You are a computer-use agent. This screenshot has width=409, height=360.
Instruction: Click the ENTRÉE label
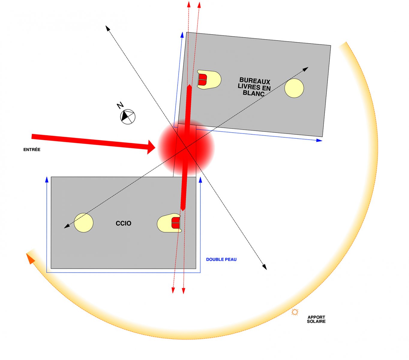[32, 149]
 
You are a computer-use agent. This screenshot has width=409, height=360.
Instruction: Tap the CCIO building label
[123, 223]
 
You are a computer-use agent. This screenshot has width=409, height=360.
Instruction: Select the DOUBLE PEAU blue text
[221, 259]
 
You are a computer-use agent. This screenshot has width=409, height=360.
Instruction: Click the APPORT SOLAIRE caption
[316, 319]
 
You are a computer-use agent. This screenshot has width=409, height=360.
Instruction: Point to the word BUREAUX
[255, 81]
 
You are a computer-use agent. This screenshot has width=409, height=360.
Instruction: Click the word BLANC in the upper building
[254, 93]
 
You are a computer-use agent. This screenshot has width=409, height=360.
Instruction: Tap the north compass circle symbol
[128, 117]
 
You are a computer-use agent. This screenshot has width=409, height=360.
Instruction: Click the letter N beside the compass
[120, 105]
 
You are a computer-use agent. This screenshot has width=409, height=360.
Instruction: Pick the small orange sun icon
[295, 312]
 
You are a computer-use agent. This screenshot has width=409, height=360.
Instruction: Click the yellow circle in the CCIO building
[84, 223]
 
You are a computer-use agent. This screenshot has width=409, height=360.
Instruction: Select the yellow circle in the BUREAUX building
[294, 88]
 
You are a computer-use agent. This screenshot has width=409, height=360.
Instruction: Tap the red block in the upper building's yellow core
[203, 80]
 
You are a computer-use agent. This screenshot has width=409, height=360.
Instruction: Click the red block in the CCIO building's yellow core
[176, 223]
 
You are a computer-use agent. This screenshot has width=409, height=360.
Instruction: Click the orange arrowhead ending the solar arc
[30, 259]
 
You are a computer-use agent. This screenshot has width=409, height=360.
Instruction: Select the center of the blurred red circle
[186, 148]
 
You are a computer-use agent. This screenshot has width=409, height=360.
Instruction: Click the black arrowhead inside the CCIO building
[67, 226]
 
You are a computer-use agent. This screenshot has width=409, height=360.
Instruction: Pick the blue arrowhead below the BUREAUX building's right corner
[319, 140]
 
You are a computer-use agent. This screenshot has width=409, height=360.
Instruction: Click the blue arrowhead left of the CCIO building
[47, 180]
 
